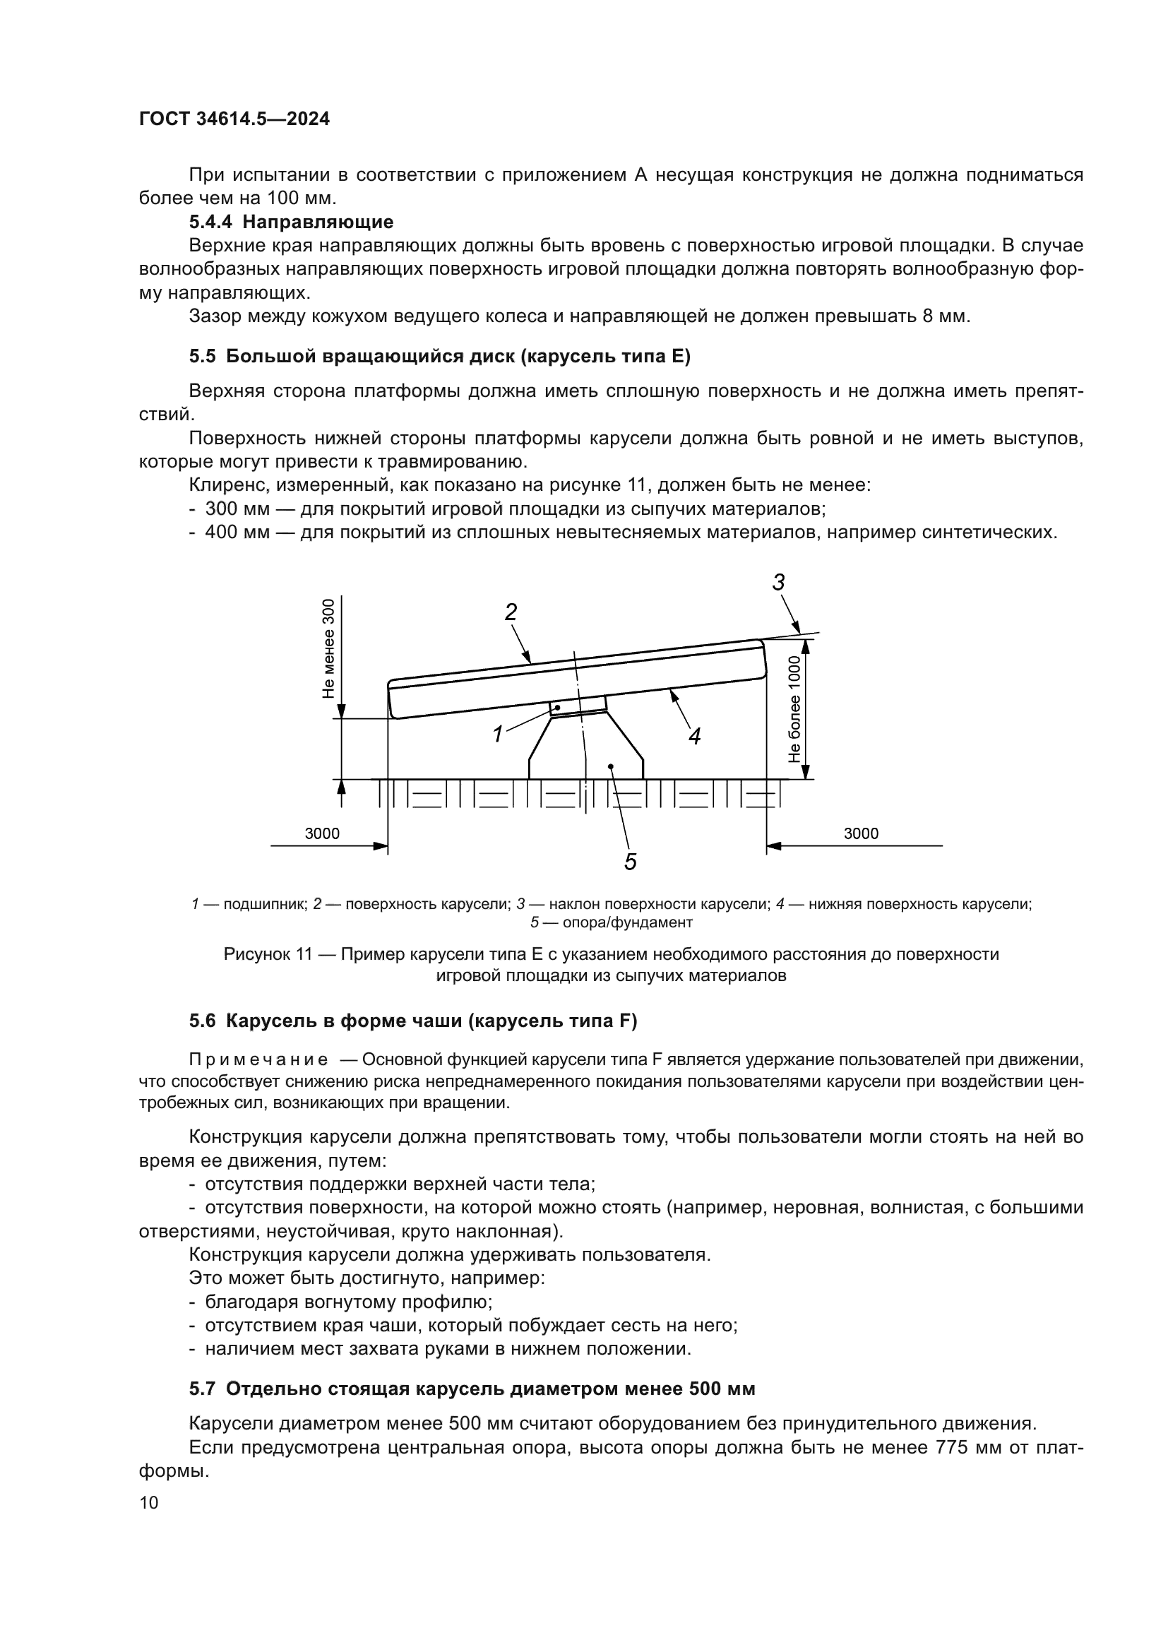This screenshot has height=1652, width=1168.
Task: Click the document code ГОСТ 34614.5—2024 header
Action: pyautogui.click(x=234, y=119)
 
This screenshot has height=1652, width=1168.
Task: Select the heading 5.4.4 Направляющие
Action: pyautogui.click(x=290, y=222)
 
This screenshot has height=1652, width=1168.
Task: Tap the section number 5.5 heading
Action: pyautogui.click(x=202, y=357)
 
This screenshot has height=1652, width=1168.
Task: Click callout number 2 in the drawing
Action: pyautogui.click(x=510, y=612)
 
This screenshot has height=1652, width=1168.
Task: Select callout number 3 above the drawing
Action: pyautogui.click(x=778, y=582)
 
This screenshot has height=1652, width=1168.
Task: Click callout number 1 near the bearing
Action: pyautogui.click(x=497, y=734)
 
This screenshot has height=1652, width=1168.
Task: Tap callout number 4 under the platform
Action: pyautogui.click(x=694, y=736)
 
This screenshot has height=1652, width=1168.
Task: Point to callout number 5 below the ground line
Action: pyautogui.click(x=630, y=861)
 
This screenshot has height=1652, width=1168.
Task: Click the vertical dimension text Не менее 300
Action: pyautogui.click(x=328, y=648)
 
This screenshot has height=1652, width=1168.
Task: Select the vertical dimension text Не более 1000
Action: pyautogui.click(x=794, y=708)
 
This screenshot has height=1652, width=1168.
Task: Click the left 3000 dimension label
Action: pyautogui.click(x=321, y=833)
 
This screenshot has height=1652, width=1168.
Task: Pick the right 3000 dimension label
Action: pyautogui.click(x=860, y=833)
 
